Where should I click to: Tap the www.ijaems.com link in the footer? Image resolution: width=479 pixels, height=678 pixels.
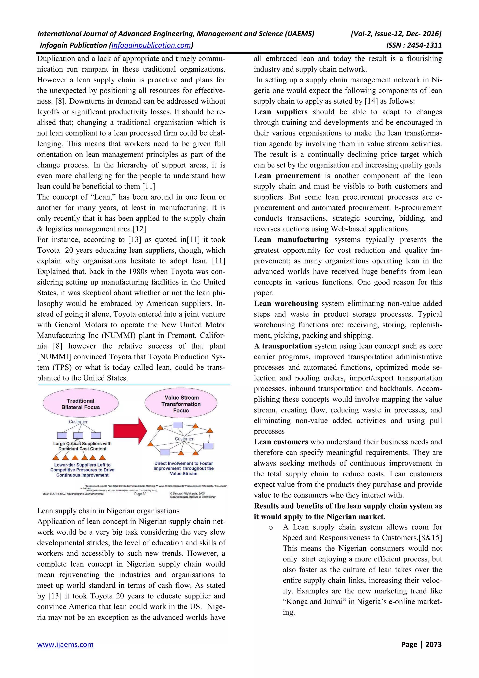point(65,644)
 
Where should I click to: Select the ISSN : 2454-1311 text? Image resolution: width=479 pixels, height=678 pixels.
point(414,45)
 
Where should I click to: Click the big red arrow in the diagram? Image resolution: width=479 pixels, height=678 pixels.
point(130,431)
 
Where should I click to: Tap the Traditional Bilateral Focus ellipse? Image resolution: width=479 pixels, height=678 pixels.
point(80,403)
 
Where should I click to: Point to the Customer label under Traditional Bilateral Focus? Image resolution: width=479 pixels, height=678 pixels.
point(78,422)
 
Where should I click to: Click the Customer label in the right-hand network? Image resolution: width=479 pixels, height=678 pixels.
point(184,439)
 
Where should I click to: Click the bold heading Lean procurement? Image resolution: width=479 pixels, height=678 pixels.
point(287,176)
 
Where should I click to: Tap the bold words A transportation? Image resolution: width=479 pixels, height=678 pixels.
point(283,346)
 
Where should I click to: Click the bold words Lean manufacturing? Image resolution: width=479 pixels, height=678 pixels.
point(291,240)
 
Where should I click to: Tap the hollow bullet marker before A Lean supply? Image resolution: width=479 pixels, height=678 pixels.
point(271,528)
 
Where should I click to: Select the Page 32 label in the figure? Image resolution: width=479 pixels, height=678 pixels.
point(140,494)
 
